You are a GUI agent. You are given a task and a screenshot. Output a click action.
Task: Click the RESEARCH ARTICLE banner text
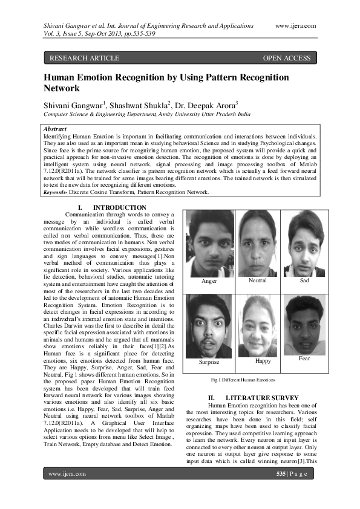84,58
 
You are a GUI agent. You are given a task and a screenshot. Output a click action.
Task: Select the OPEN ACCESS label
287,58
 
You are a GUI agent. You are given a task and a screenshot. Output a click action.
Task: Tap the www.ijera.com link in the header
295,25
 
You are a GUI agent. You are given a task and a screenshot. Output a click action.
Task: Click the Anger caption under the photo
209,282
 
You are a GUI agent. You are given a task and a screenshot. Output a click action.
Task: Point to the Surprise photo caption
209,361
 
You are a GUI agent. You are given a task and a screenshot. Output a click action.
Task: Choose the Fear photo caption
304,358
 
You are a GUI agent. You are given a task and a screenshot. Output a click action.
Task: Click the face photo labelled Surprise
209,325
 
